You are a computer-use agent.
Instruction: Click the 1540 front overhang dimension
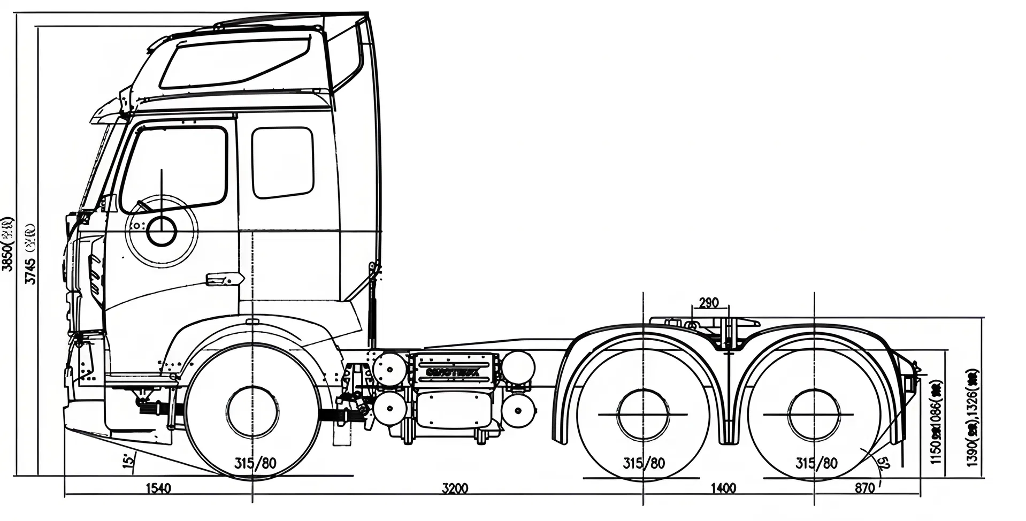[158, 488]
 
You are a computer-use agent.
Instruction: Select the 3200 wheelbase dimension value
[455, 488]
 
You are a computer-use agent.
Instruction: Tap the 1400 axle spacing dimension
[723, 488]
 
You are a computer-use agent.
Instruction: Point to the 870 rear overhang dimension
[864, 488]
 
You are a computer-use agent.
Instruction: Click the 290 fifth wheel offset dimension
[708, 303]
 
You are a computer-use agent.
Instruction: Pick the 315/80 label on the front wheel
[256, 463]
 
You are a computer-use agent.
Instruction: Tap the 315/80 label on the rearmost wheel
[816, 463]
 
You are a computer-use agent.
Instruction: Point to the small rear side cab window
[282, 162]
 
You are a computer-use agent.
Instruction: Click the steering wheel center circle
[162, 232]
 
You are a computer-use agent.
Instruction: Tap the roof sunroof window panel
[235, 63]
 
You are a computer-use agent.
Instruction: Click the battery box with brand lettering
[454, 369]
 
